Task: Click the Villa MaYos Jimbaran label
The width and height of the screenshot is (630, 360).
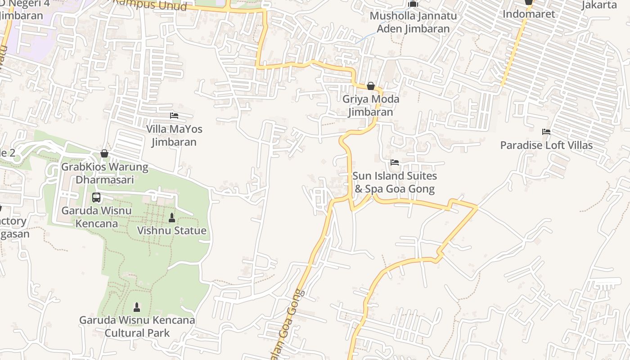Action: [x=174, y=135]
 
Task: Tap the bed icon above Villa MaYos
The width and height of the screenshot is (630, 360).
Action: [x=174, y=116]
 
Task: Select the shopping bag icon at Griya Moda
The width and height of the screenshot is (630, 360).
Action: [x=371, y=86]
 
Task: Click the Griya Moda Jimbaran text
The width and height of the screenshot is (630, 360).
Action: [x=371, y=105]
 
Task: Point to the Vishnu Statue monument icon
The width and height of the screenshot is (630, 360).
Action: [x=171, y=218]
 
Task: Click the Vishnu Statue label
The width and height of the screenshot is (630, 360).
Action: [x=171, y=231]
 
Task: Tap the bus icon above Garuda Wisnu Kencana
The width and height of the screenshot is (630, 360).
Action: [x=96, y=198]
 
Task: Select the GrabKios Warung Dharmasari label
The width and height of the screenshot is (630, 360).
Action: [x=104, y=173]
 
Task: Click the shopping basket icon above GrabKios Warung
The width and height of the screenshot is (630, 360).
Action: [x=104, y=153]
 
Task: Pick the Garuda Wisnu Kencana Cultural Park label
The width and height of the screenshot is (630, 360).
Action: [x=137, y=327]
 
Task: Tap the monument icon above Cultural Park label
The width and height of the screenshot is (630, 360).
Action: [x=137, y=307]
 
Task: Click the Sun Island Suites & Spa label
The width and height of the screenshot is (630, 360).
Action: [x=395, y=182]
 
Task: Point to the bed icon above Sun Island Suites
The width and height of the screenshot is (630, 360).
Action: [x=395, y=162]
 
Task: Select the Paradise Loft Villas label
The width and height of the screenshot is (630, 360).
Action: [x=546, y=145]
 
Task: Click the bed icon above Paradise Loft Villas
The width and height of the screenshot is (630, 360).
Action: [x=546, y=132]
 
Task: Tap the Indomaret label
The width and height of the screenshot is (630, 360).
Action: [x=529, y=14]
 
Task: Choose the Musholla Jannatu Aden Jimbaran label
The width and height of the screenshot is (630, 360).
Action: [x=413, y=22]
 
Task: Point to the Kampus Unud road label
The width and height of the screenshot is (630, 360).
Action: [x=149, y=4]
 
